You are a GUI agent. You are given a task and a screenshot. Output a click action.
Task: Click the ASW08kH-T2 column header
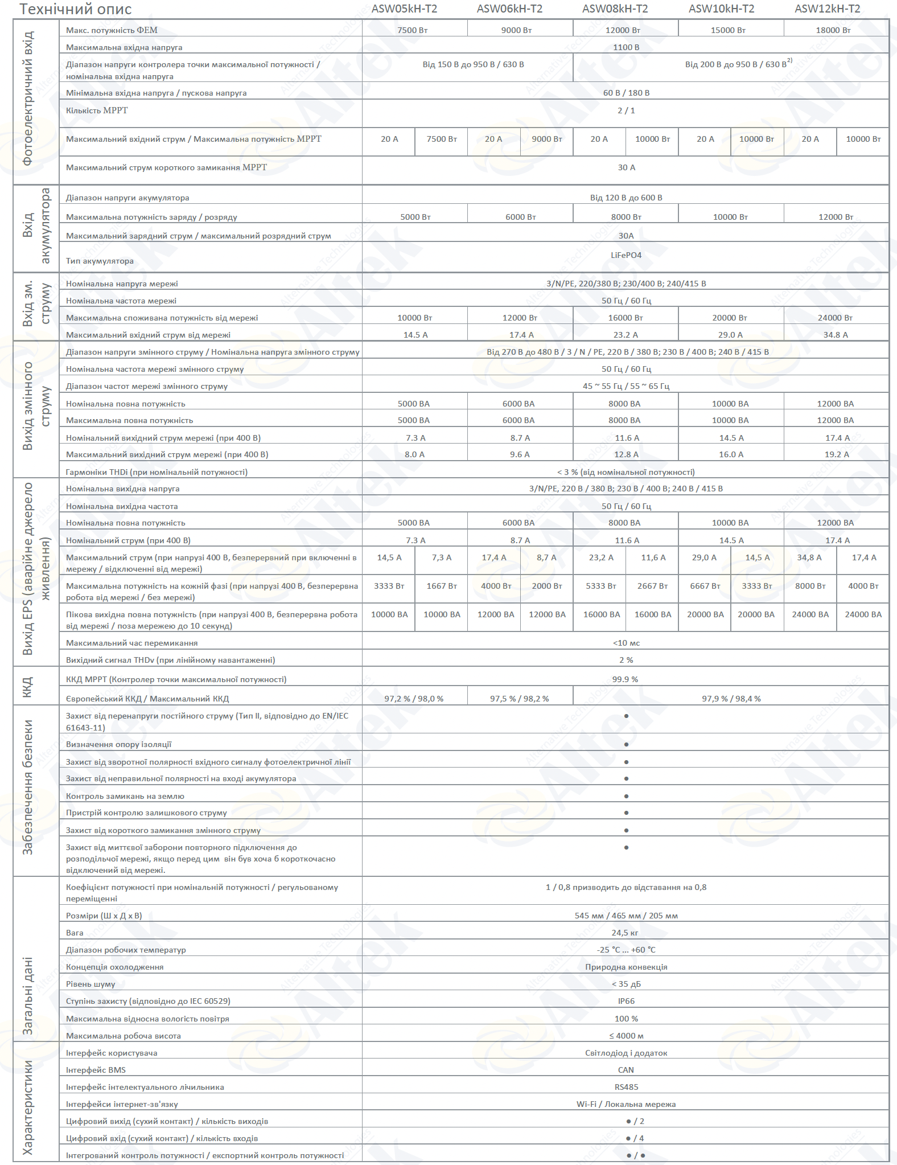(615, 9)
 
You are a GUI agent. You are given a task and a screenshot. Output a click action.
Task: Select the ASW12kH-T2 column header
(827, 9)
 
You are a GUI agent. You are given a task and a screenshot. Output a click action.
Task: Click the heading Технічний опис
(76, 9)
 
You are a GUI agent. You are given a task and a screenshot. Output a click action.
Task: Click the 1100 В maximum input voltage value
(626, 47)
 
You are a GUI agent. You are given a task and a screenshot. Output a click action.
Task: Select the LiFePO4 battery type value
(626, 255)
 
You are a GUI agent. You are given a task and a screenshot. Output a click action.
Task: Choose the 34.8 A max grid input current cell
(835, 335)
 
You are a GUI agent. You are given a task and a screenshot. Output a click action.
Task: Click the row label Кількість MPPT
(97, 110)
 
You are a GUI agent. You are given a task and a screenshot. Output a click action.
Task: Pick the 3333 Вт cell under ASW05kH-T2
(389, 586)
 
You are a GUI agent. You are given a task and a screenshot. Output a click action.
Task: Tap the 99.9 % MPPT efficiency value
(625, 679)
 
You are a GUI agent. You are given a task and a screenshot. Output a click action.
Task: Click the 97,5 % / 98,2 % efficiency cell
(519, 699)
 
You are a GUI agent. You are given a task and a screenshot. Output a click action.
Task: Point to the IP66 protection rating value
(626, 1001)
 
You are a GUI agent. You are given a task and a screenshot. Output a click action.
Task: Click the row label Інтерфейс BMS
(96, 1070)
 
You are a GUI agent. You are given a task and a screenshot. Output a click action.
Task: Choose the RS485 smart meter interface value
(626, 1087)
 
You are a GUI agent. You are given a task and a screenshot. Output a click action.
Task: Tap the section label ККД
(27, 687)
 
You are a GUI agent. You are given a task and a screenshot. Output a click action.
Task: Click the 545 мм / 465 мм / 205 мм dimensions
(626, 916)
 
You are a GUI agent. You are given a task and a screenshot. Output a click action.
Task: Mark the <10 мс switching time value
(626, 643)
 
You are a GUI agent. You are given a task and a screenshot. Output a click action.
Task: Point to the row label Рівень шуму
(90, 984)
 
